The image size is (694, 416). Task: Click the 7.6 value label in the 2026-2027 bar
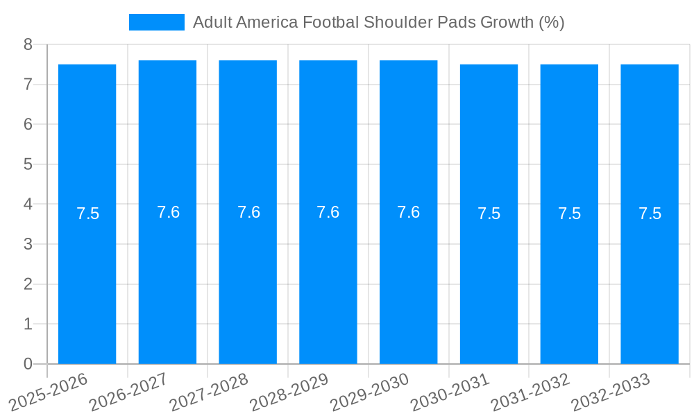pyautogui.click(x=168, y=212)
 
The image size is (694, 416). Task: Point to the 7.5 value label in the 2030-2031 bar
pyautogui.click(x=489, y=214)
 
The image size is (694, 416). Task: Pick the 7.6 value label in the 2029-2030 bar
pyautogui.click(x=408, y=212)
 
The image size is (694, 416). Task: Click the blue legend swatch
pyautogui.click(x=156, y=22)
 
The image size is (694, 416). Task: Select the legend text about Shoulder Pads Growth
pyautogui.click(x=378, y=22)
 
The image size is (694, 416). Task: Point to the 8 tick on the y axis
pyautogui.click(x=28, y=44)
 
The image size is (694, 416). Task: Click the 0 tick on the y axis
pyautogui.click(x=28, y=364)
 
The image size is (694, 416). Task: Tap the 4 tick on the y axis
pyautogui.click(x=28, y=205)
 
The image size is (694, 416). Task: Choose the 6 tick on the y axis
pyautogui.click(x=28, y=124)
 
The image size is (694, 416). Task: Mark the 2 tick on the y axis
pyautogui.click(x=28, y=284)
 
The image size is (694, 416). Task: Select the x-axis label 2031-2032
pyautogui.click(x=531, y=392)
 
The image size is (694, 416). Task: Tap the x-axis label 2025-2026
pyautogui.click(x=49, y=392)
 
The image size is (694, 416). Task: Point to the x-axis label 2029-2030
pyautogui.click(x=370, y=392)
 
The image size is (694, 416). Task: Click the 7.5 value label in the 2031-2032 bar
pyautogui.click(x=569, y=214)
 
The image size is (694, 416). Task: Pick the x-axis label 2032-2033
pyautogui.click(x=611, y=392)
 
